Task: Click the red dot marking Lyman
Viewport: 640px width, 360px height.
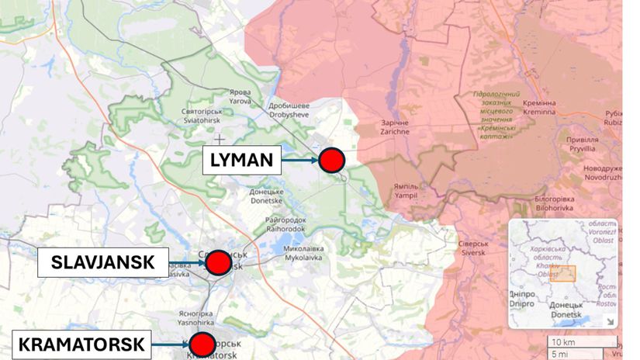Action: coord(332,160)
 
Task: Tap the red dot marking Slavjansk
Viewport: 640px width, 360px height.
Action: coord(218,263)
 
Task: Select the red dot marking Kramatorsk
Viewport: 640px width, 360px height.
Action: coord(202,343)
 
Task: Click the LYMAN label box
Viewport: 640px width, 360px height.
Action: coord(241,161)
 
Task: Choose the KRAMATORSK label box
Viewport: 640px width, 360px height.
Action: coord(81,343)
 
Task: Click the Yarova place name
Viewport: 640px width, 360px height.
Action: coord(240,95)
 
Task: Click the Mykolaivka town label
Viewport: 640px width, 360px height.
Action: coord(303,254)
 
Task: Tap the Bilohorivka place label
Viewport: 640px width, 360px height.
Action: coord(553,203)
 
